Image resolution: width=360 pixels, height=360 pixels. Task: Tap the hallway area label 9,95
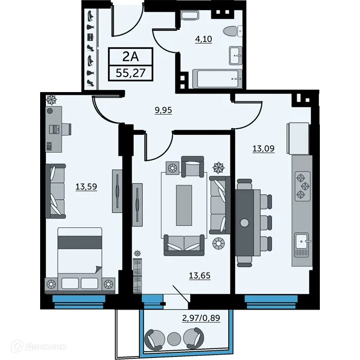click(163, 110)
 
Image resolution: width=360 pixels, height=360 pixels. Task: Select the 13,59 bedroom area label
click(86, 187)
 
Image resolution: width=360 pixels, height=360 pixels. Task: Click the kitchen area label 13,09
click(263, 149)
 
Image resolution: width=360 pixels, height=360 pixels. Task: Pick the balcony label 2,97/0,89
click(201, 317)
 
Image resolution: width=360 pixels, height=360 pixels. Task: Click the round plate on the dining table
click(244, 222)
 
